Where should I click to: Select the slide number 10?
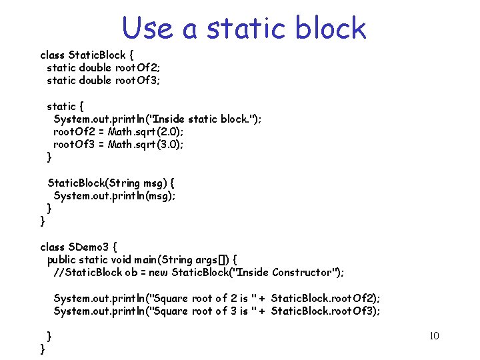click(433, 335)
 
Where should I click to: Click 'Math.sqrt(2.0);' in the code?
click(146, 131)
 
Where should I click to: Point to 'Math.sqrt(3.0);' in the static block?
click(146, 144)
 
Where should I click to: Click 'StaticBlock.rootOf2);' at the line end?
click(326, 299)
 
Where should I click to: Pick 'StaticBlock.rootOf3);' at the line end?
click(326, 311)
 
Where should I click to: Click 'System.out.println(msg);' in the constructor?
click(115, 195)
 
